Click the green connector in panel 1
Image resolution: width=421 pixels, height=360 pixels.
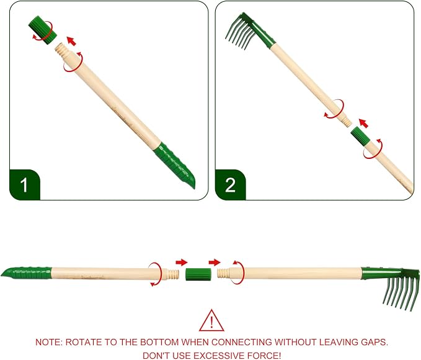(x=42, y=30)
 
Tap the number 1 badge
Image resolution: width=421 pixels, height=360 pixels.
(x=25, y=185)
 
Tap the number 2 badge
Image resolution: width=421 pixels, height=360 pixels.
(x=231, y=185)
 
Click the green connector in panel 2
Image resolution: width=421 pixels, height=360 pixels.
(x=361, y=137)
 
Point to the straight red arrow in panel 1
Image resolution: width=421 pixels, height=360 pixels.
(x=71, y=41)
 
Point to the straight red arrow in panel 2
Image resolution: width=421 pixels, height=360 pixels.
(x=363, y=124)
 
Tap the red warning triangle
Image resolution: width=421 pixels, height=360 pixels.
(x=211, y=321)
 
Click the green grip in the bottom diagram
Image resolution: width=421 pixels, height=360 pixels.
(x=26, y=273)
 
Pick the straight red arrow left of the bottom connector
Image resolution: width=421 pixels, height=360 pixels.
(x=182, y=262)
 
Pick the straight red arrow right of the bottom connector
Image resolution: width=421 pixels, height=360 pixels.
(x=215, y=262)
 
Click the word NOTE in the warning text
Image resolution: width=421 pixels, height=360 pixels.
(x=49, y=342)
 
